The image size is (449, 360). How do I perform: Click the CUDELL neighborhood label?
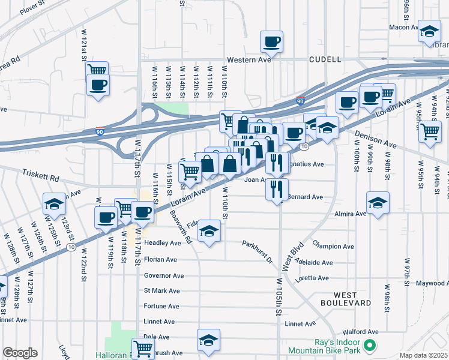[325, 59]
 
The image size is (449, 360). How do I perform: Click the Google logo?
[20, 353]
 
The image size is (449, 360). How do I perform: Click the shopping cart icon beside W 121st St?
[97, 71]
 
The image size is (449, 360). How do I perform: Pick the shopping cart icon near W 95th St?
[430, 131]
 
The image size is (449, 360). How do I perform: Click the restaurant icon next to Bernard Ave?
[276, 189]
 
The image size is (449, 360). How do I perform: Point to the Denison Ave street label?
[375, 140]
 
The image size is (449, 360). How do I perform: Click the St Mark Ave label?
[161, 291]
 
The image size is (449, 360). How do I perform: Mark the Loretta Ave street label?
[314, 278]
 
